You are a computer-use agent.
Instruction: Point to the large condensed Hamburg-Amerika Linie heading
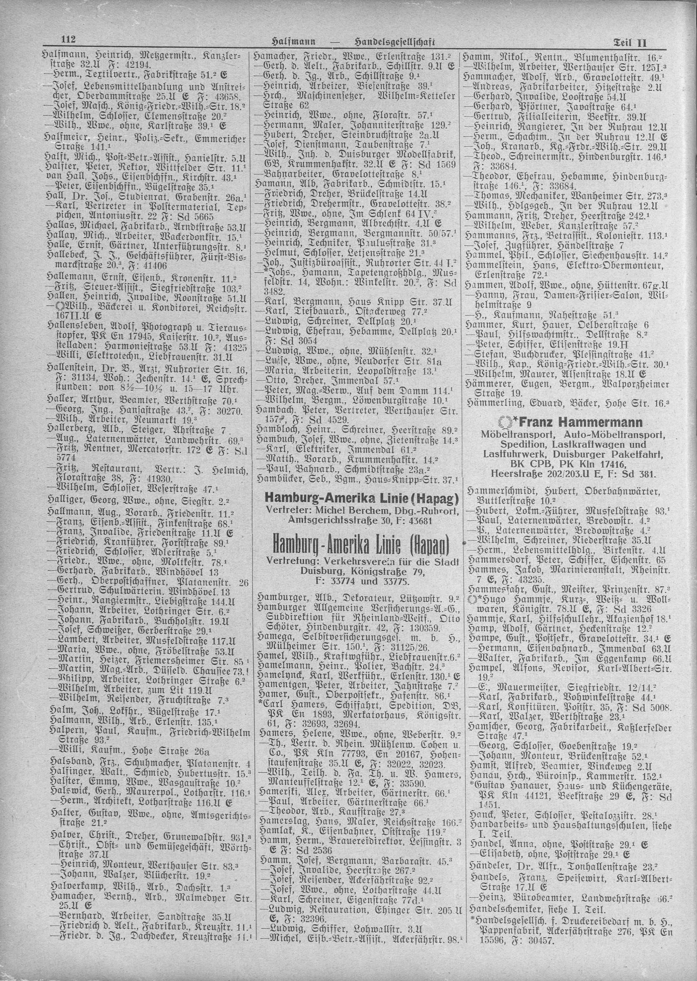[x=358, y=545]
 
